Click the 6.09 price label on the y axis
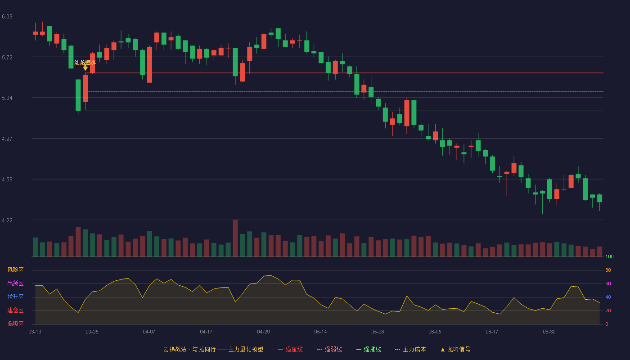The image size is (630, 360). (x=7, y=17)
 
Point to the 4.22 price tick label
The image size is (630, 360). (x=7, y=220)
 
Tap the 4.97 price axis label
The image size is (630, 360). (x=7, y=139)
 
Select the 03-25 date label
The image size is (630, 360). (x=92, y=332)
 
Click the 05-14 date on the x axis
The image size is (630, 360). (x=320, y=332)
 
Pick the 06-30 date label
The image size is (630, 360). (x=549, y=332)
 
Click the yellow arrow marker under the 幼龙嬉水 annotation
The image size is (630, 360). (x=85, y=68)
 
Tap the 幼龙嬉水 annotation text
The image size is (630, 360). (x=85, y=62)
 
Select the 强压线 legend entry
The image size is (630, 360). (x=290, y=349)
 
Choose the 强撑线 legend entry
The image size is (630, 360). (x=369, y=349)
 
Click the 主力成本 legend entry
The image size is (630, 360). (x=410, y=349)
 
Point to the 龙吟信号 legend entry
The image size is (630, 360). (x=455, y=349)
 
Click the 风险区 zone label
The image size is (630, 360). (x=15, y=270)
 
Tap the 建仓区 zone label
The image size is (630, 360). (x=15, y=310)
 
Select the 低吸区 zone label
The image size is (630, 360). (x=15, y=324)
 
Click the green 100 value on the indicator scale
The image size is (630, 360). (x=609, y=256)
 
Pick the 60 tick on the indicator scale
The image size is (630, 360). (x=608, y=283)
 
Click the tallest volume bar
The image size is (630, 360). (x=235, y=238)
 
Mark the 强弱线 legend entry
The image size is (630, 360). (x=329, y=349)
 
